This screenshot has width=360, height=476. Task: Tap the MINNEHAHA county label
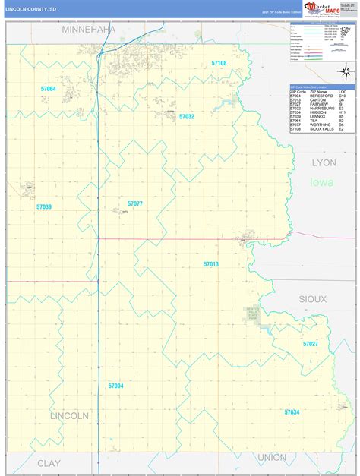(89, 30)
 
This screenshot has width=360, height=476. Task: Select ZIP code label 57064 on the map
(49, 89)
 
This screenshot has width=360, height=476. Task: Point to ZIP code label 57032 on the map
(187, 116)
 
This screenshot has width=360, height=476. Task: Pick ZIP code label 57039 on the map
(44, 206)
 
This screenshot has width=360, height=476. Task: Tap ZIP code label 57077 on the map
(135, 203)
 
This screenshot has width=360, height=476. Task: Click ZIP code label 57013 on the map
(211, 263)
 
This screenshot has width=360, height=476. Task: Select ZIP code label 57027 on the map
(311, 344)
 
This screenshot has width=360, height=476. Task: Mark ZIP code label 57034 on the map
(292, 411)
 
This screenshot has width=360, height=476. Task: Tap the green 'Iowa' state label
(321, 183)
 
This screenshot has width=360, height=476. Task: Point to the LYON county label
(324, 162)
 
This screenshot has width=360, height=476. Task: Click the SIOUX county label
(312, 299)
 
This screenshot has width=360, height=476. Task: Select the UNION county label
(272, 457)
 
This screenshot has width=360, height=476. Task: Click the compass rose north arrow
(343, 71)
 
